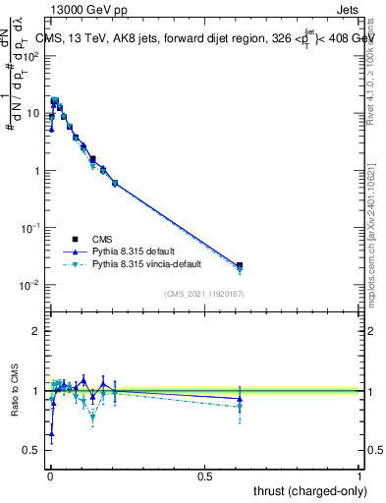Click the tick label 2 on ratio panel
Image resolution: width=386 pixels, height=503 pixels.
(36, 332)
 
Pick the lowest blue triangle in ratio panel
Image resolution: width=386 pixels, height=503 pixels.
(51, 433)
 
